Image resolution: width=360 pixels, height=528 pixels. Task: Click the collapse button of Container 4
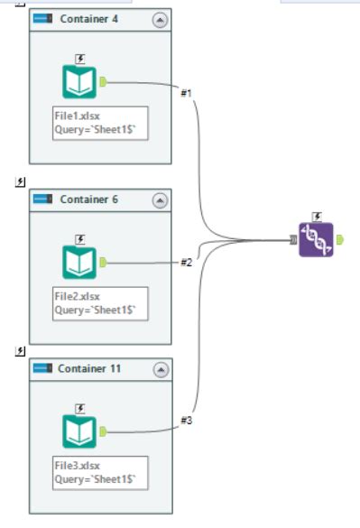click(x=160, y=19)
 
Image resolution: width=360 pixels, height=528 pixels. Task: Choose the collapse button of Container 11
click(x=160, y=369)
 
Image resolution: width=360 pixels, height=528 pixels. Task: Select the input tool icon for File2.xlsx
click(x=79, y=262)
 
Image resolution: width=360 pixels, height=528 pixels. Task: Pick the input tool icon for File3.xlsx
click(x=79, y=431)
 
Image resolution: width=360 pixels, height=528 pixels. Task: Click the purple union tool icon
click(x=316, y=239)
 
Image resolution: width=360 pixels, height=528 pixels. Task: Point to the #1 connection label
click(x=187, y=95)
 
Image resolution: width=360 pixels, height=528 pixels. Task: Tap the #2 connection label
click(x=187, y=263)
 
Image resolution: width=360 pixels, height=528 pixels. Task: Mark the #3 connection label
click(x=187, y=421)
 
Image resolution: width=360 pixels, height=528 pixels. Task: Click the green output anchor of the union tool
click(x=339, y=240)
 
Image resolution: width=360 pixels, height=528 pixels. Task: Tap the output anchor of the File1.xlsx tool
click(x=103, y=82)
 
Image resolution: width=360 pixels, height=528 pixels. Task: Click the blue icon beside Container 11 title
click(x=42, y=369)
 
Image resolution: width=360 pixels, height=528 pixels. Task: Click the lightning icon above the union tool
click(x=317, y=216)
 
